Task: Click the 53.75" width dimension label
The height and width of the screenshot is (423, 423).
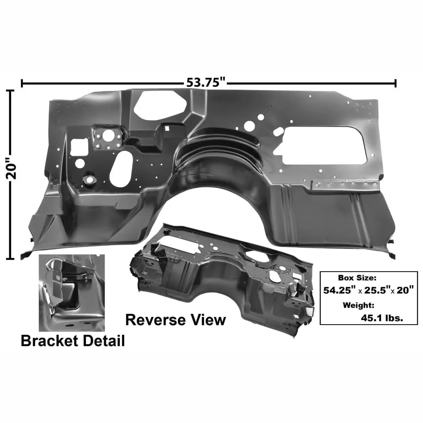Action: click(206, 82)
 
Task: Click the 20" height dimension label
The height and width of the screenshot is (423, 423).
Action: click(11, 168)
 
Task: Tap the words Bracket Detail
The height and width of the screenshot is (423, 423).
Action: click(73, 341)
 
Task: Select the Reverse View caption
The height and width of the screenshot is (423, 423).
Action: click(175, 320)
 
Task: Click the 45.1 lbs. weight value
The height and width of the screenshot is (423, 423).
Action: click(382, 318)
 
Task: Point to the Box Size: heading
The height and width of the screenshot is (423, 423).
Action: click(357, 277)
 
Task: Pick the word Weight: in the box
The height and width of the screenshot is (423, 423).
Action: click(358, 305)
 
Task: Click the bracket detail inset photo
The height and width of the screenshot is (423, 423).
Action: click(72, 293)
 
